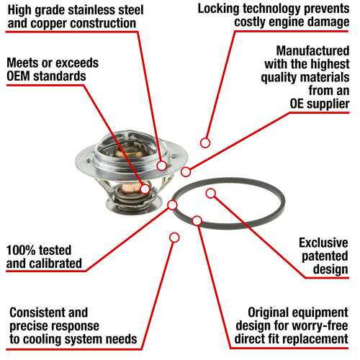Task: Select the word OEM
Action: click(x=18, y=76)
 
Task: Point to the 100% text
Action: click(x=21, y=250)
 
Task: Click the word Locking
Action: click(x=218, y=9)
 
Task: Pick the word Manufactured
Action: click(x=312, y=51)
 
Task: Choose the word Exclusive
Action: click(x=323, y=243)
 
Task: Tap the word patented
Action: click(x=325, y=256)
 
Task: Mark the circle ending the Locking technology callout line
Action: click(x=205, y=143)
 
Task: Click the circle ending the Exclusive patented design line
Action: click(x=211, y=194)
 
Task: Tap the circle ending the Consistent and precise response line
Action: click(x=174, y=238)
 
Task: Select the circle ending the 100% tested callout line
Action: click(x=172, y=205)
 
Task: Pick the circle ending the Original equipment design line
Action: click(x=197, y=221)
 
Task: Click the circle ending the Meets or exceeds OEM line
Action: click(x=145, y=189)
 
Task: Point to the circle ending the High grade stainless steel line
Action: click(x=162, y=166)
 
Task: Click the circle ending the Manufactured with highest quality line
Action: click(x=186, y=172)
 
